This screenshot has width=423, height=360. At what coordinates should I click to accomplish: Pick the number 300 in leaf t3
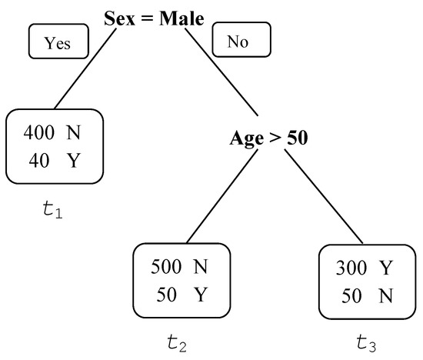[351, 268]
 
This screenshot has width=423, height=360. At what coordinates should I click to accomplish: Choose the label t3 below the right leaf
[366, 342]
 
